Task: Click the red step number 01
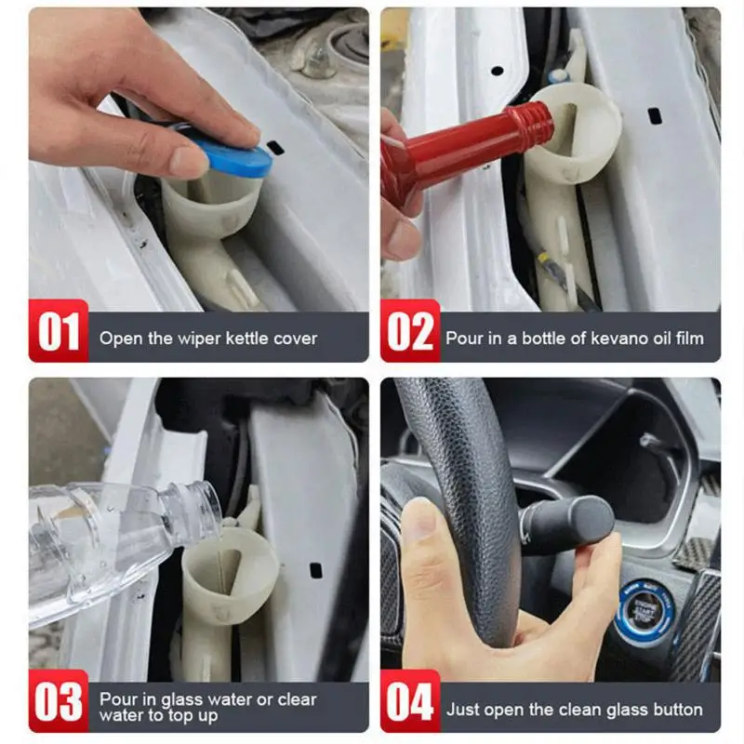[59, 332]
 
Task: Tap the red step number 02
[410, 332]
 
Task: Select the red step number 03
[59, 702]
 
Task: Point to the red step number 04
[410, 702]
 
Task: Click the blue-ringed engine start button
[644, 607]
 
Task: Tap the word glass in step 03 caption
[182, 700]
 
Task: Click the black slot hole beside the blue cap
[275, 148]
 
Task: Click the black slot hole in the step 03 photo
[315, 570]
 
